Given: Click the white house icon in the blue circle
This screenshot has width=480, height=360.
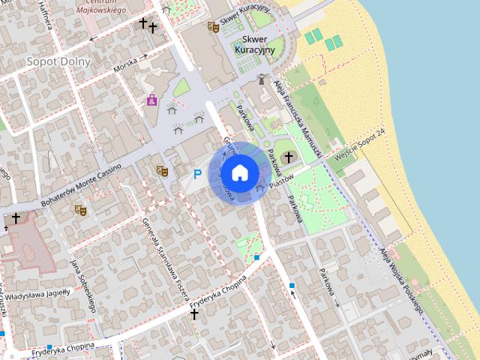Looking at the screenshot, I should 239,172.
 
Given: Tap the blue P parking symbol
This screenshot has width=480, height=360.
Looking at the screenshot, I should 197,174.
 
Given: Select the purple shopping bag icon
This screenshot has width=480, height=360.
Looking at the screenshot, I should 152,100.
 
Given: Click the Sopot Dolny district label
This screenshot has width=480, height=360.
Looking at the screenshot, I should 58,61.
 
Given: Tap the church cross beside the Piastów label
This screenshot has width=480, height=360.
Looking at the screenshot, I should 288,157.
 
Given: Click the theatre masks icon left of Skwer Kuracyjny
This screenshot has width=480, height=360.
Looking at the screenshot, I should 213,27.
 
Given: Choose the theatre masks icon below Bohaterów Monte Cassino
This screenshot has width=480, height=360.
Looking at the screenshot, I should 80,210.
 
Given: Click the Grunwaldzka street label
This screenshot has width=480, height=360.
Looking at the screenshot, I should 227,154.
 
